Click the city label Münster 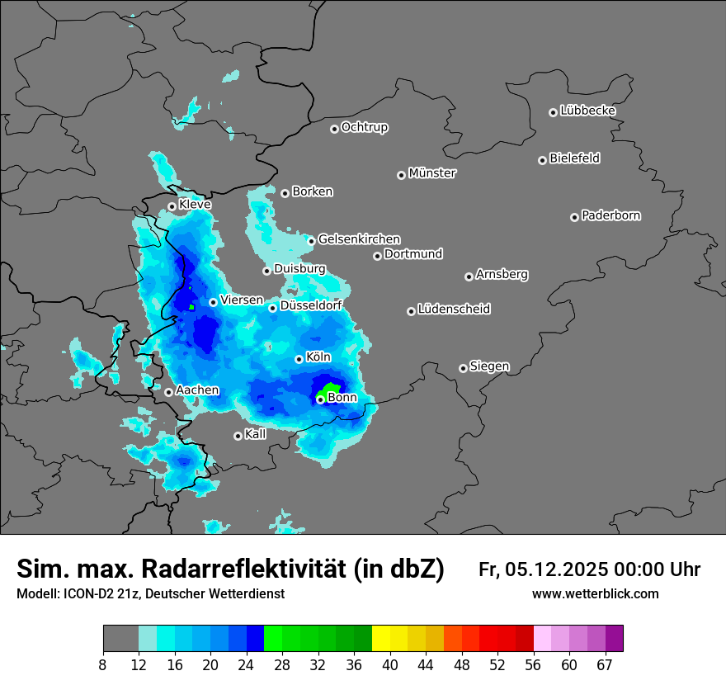click(431, 173)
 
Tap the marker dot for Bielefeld click(542, 160)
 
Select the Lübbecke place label click(587, 111)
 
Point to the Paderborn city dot click(574, 217)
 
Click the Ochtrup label click(364, 127)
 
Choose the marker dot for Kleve click(172, 206)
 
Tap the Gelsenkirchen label click(359, 239)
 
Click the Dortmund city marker click(377, 256)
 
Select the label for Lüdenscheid click(454, 309)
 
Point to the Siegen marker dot click(463, 368)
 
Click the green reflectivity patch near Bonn click(330, 388)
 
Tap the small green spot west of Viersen click(191, 307)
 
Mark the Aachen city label click(197, 390)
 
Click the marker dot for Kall click(238, 436)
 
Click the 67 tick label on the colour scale click(605, 664)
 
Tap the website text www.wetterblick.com click(595, 594)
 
